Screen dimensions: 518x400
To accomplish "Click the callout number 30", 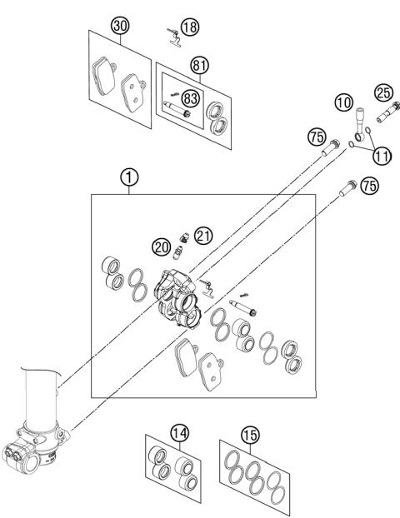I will (x=122, y=27).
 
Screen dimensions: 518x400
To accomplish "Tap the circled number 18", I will (x=190, y=27).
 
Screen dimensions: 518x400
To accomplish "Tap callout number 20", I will (x=162, y=246).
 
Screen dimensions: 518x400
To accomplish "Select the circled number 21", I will (x=203, y=235).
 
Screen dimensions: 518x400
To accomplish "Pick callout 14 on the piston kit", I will (x=178, y=432).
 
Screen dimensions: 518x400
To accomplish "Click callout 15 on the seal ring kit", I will (x=250, y=434).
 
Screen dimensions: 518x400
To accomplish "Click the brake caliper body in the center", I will (x=177, y=298).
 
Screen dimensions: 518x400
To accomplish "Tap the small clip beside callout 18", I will (x=172, y=34).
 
